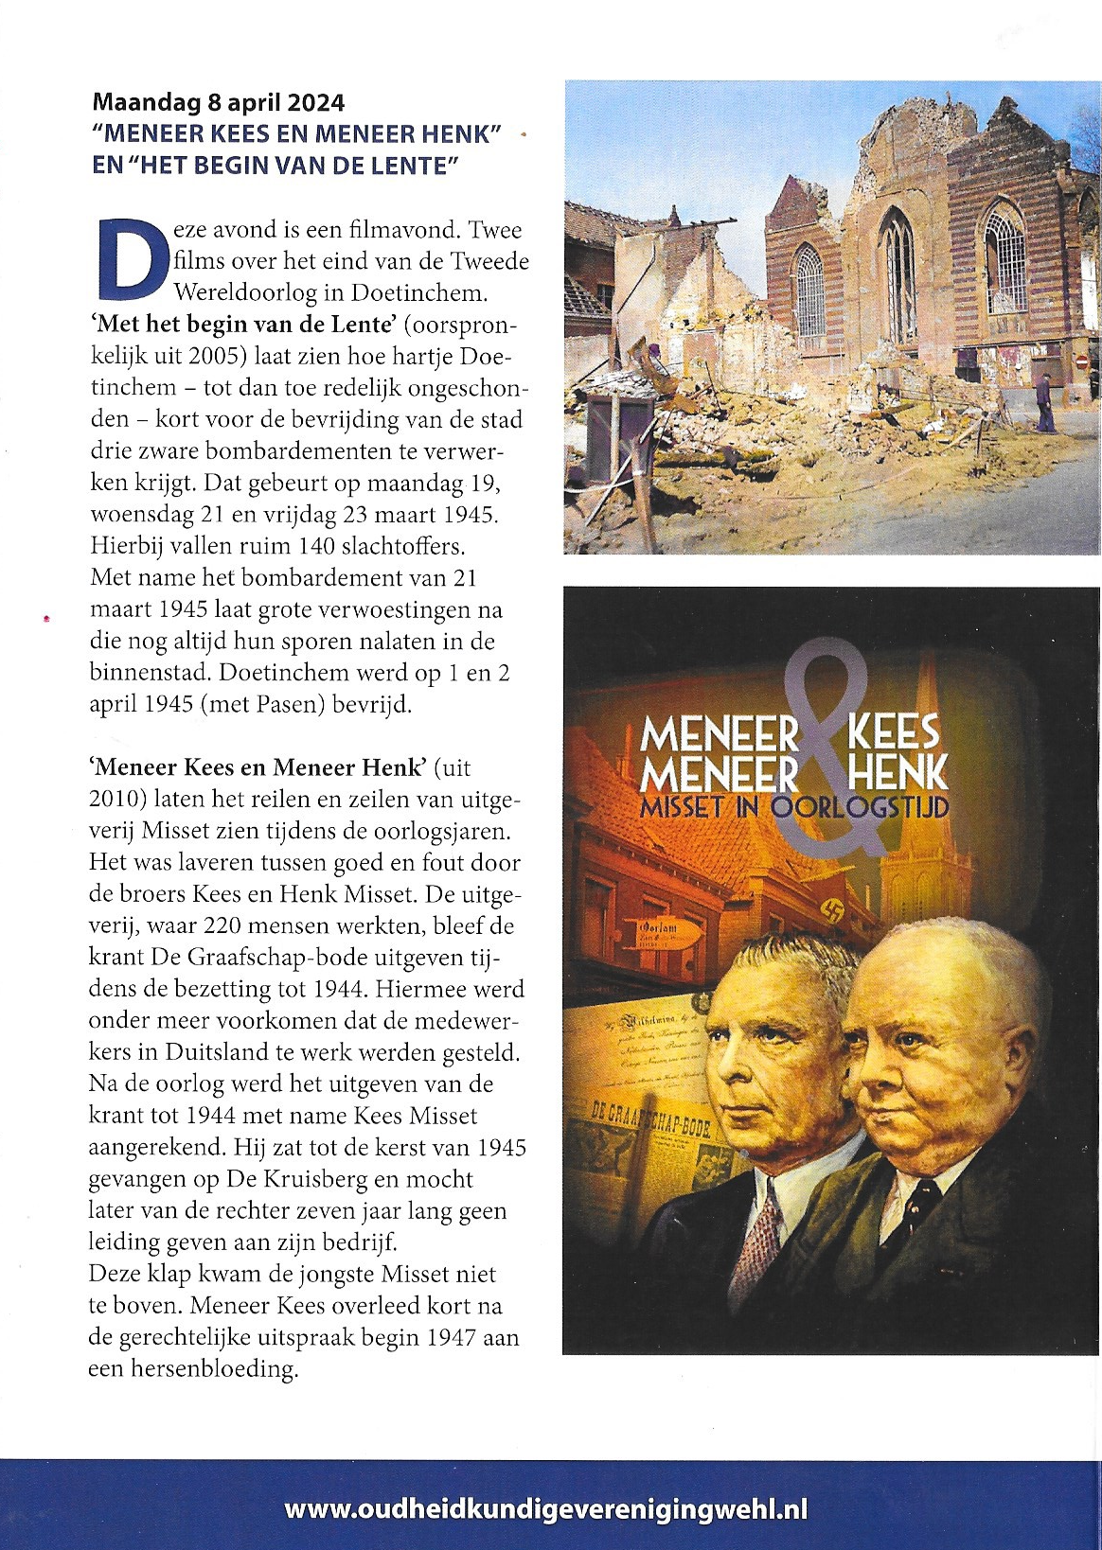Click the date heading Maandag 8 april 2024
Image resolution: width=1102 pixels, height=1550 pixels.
pyautogui.click(x=218, y=102)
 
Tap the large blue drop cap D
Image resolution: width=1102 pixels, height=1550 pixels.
pyautogui.click(x=127, y=257)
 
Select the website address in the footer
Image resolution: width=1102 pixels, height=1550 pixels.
pyautogui.click(x=546, y=1508)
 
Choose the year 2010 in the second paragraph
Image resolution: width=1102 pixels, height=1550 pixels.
pyautogui.click(x=117, y=800)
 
